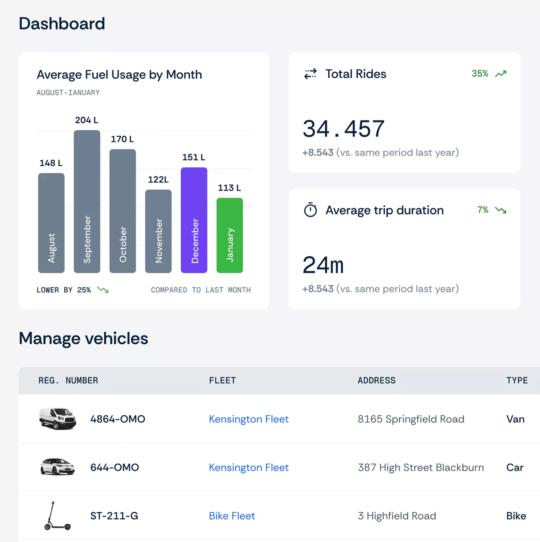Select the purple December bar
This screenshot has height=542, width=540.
(194, 220)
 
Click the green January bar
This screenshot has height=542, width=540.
(230, 235)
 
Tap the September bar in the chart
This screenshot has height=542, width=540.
(87, 201)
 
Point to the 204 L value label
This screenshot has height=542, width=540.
(86, 120)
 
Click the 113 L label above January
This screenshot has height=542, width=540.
(229, 188)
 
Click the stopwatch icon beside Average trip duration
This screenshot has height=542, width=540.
(310, 210)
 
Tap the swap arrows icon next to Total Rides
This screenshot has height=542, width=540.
(310, 74)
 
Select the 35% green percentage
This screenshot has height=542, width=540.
(480, 74)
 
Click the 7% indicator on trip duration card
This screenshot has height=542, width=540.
(483, 210)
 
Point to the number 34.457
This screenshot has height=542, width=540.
(344, 129)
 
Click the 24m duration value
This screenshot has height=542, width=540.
(323, 265)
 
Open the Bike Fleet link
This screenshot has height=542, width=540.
(232, 516)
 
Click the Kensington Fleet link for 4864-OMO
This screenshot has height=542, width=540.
(248, 419)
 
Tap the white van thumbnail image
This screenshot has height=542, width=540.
(58, 418)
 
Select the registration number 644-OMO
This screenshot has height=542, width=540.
(115, 467)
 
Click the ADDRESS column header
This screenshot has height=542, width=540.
(376, 380)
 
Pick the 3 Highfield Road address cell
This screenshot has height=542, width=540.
(397, 516)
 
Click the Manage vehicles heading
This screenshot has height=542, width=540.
(83, 338)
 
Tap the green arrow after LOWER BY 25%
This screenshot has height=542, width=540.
(103, 290)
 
